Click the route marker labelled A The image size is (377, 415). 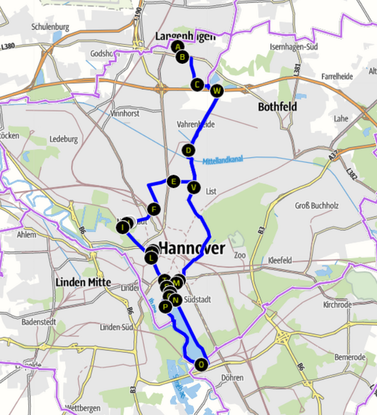[x=177, y=46]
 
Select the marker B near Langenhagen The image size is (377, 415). [x=182, y=57]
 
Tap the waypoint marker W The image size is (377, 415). [x=217, y=90]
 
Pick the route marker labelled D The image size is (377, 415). [x=189, y=150]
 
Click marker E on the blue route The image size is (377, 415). [x=173, y=181]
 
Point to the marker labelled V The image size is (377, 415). [x=192, y=188]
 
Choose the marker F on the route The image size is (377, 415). [x=153, y=209]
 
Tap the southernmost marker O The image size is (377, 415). [x=201, y=364]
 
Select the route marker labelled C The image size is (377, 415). [x=197, y=84]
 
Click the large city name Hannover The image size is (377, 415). [x=192, y=248]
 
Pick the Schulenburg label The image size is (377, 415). [x=50, y=27]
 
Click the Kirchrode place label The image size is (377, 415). [x=337, y=304]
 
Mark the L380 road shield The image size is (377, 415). [x=8, y=46]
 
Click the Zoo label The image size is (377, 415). [x=240, y=255]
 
